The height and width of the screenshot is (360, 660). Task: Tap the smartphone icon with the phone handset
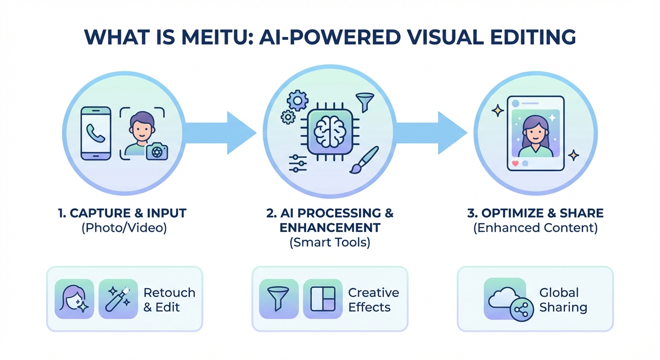[x=96, y=133]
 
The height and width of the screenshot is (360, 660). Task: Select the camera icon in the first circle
[x=157, y=151]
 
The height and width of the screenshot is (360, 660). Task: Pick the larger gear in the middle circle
[x=297, y=100]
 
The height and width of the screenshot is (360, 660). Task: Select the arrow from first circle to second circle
[x=220, y=133]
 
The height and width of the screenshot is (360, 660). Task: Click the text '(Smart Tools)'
[x=330, y=243]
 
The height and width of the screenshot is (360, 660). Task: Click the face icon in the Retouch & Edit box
[x=75, y=299]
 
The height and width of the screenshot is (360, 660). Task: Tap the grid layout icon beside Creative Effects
[x=323, y=299]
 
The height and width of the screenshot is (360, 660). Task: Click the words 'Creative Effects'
[x=374, y=300]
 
